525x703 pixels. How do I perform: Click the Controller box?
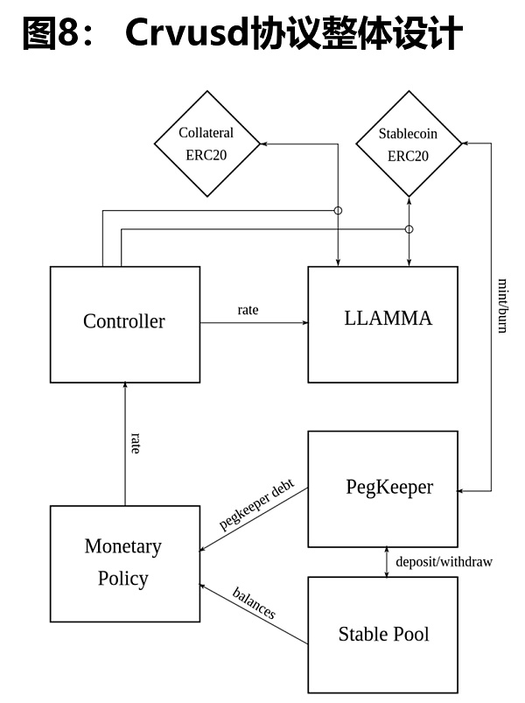coord(124,322)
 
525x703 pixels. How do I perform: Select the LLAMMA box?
coord(382,322)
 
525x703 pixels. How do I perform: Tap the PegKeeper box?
coord(382,489)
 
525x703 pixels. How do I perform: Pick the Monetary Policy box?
coord(124,562)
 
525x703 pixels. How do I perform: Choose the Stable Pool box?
coord(382,634)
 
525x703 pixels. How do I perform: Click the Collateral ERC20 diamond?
coord(206,145)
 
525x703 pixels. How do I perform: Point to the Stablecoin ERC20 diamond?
coord(408,145)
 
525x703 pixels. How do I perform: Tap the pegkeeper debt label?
coord(256,506)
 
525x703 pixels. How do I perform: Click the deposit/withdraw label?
coord(444,561)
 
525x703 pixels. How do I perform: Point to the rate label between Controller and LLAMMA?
coord(248,310)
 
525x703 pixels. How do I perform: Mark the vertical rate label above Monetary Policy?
coord(135,443)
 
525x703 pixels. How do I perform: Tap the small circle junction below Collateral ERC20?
coord(339,211)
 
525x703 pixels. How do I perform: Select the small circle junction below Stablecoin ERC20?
coord(409,229)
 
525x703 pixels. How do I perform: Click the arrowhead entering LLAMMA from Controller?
coord(304,323)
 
